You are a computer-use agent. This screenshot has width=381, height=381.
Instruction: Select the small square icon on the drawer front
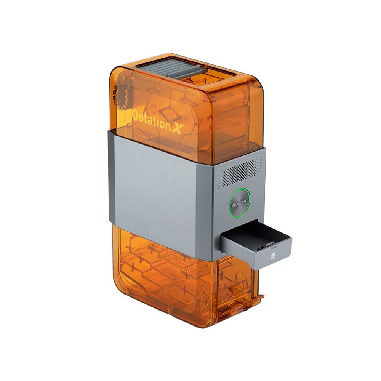(x=273, y=255)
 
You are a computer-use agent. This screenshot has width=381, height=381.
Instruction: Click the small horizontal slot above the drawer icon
(x=274, y=248)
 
